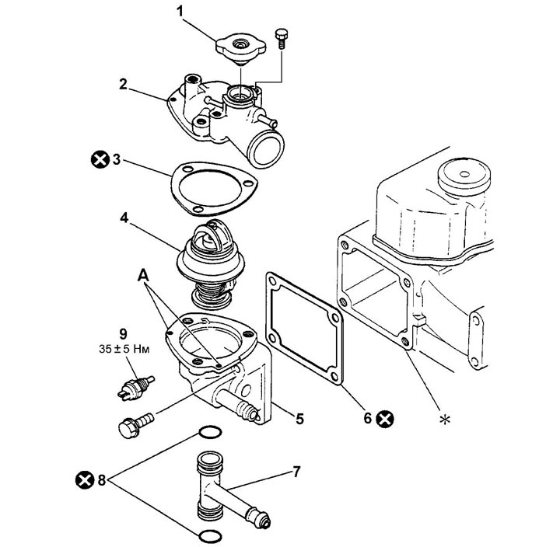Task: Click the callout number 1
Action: click(x=180, y=12)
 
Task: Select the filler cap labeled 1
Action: click(x=240, y=49)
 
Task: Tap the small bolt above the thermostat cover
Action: click(x=281, y=38)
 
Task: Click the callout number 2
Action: click(x=123, y=85)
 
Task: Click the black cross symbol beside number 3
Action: click(x=100, y=159)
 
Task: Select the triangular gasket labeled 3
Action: click(x=215, y=189)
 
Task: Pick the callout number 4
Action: click(x=124, y=218)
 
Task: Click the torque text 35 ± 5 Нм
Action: click(x=124, y=349)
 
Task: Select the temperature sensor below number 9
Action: click(x=135, y=388)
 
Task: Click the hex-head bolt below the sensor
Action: click(x=135, y=424)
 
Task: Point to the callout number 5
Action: click(x=299, y=418)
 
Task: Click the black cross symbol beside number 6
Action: click(x=385, y=419)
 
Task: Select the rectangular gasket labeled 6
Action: click(x=304, y=329)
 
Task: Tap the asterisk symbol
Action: click(x=445, y=420)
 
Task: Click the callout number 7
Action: click(x=296, y=472)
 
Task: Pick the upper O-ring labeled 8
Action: click(x=210, y=432)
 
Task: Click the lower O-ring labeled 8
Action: click(x=210, y=536)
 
